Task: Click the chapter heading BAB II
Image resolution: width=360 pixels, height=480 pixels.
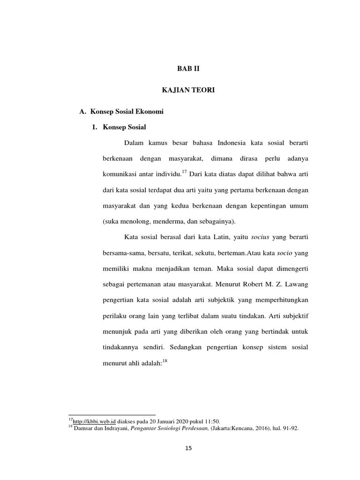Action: pos(187,68)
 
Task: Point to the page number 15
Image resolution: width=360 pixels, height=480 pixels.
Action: pos(188,448)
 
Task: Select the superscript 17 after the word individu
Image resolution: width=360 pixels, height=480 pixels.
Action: pos(184,172)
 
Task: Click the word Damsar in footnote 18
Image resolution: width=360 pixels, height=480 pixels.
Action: pos(82,428)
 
